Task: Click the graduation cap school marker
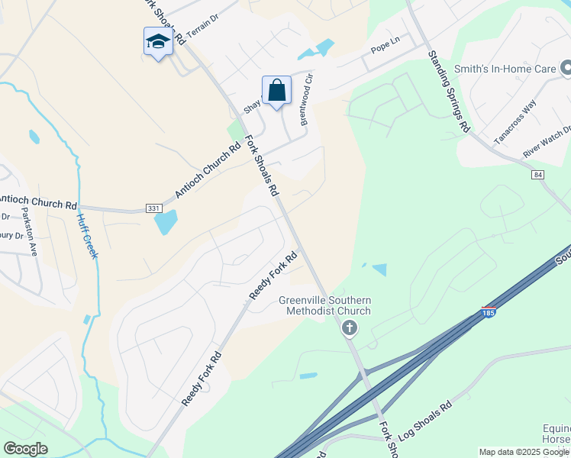158,42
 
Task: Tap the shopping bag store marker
276,91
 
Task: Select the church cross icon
349,328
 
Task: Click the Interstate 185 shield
489,312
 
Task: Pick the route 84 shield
539,175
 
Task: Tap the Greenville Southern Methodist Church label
324,305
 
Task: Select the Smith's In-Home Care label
505,69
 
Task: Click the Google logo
25,448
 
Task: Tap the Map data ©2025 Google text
523,452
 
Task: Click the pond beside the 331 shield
166,222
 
